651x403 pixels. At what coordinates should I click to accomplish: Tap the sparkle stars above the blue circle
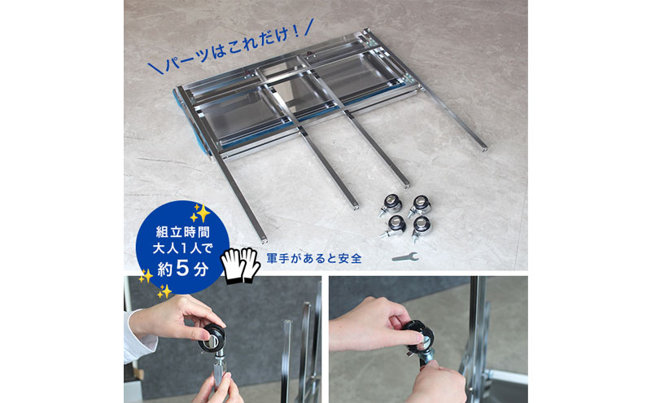(200, 212)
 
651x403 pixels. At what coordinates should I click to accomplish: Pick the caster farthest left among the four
(390, 203)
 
